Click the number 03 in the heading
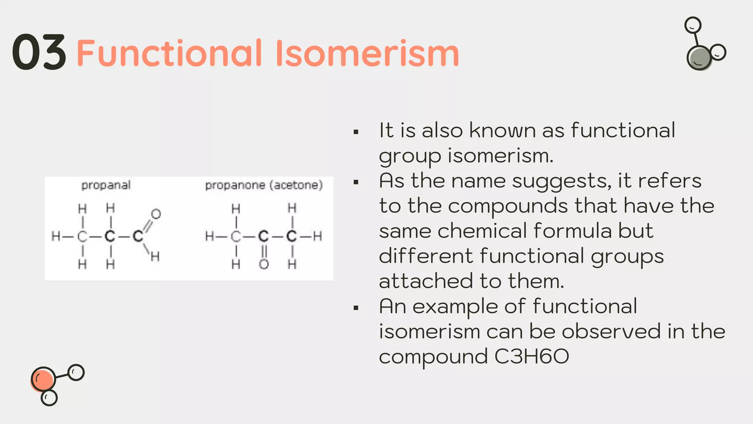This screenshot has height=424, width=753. tap(39, 52)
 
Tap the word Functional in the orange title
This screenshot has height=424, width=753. tap(169, 53)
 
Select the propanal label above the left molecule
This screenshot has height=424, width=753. tap(106, 185)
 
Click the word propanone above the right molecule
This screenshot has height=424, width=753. tap(235, 185)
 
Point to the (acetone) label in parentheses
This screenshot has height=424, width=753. tap(296, 185)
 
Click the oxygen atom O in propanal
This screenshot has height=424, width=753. tap(156, 214)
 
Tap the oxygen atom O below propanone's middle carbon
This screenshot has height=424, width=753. tap(264, 264)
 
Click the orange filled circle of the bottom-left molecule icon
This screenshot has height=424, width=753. tap(43, 379)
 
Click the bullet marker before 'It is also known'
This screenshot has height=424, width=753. tap(356, 132)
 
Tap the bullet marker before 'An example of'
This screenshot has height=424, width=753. tap(356, 308)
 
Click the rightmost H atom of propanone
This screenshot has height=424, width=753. tap(318, 236)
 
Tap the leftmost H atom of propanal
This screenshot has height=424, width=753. tap(56, 236)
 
